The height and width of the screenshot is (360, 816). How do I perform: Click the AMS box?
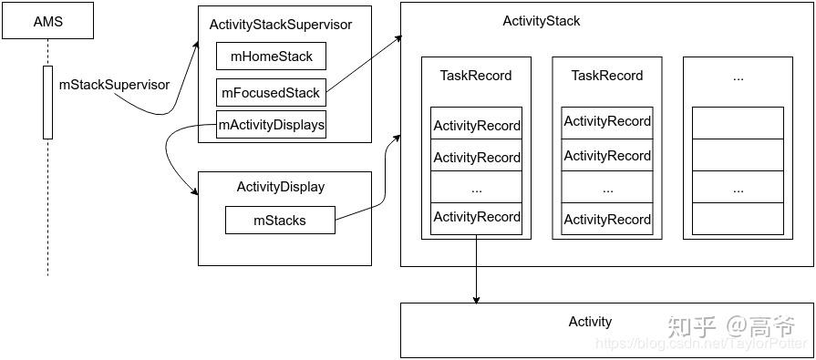point(48,21)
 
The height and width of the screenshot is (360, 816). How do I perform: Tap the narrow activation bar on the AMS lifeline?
point(47,102)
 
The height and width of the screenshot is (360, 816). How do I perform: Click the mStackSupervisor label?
point(114,85)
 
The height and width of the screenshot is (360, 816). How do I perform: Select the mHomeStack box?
point(271,57)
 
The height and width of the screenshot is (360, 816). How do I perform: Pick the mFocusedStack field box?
point(271,92)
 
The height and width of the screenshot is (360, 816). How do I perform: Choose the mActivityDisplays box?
point(271,125)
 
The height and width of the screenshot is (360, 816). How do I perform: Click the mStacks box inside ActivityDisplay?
point(280,220)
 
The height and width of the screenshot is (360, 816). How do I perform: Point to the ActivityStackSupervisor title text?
point(281,25)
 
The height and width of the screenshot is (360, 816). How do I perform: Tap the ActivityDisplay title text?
point(281,187)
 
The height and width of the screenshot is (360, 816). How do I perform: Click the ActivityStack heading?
point(541,21)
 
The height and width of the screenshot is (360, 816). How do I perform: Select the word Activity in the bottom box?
point(590,322)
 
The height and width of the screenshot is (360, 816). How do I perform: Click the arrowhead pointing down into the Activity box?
point(475,298)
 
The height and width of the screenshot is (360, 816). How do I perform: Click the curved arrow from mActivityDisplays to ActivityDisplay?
point(171,159)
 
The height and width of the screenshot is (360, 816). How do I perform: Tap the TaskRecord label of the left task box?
point(476,76)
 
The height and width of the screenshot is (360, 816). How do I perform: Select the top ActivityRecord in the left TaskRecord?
point(476,126)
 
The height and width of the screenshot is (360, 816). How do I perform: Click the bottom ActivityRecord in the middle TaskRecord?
point(607,220)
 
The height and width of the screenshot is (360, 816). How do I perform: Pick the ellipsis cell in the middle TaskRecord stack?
point(607,189)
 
